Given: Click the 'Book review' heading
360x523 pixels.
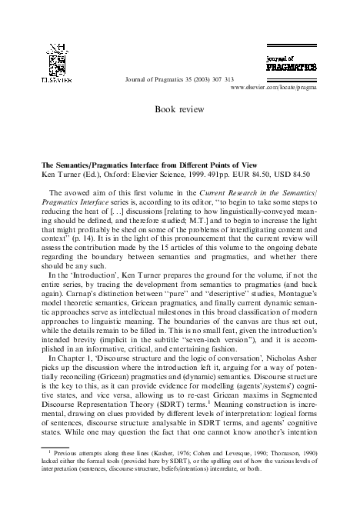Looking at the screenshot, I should click(180, 110).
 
